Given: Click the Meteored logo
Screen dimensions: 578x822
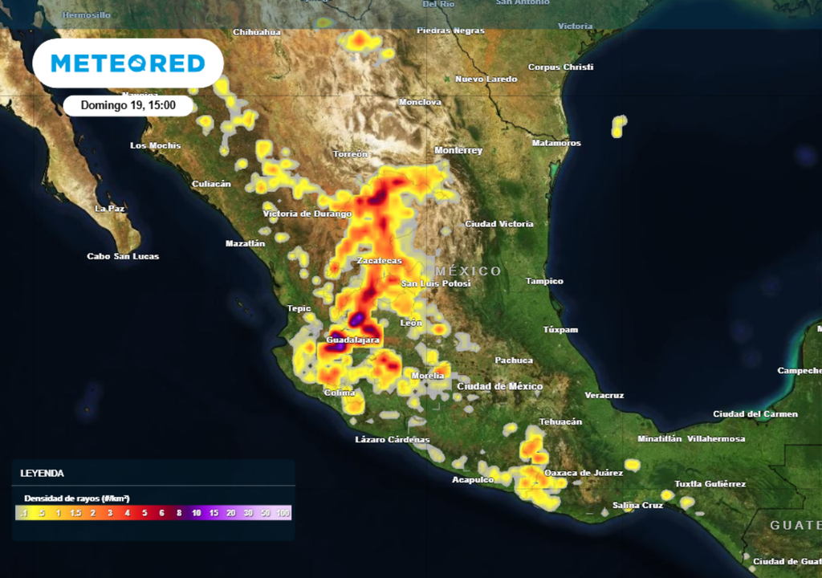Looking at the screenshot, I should tap(127, 63).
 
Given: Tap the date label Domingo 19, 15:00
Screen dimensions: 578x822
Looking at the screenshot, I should tap(128, 105).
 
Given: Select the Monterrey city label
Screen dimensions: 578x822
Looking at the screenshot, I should tap(458, 151).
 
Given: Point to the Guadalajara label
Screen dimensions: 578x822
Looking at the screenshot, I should tap(352, 340).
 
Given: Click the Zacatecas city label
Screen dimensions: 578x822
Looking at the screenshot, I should tap(379, 262).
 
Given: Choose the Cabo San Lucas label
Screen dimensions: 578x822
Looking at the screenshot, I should tap(123, 257).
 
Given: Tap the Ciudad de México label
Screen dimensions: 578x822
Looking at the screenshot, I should tap(499, 387).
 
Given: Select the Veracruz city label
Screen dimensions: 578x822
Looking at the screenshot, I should tap(604, 396).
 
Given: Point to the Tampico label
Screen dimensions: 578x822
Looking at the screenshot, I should tap(544, 282).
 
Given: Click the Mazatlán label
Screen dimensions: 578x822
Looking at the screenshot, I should tap(245, 243).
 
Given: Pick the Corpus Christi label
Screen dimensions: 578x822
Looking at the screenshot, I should tap(560, 67).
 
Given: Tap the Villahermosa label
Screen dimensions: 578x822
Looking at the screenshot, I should tap(716, 439).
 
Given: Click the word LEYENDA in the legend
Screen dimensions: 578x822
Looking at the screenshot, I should tap(42, 474).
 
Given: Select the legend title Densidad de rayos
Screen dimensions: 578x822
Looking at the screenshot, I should tap(77, 499).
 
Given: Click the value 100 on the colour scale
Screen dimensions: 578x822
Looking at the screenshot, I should tap(282, 513).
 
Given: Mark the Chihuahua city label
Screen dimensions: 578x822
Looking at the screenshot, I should tap(256, 32).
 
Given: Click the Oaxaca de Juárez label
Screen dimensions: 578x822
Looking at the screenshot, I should tap(584, 474).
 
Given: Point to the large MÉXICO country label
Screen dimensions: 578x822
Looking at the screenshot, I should tap(468, 271).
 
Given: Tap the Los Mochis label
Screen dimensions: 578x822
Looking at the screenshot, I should tap(155, 146).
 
